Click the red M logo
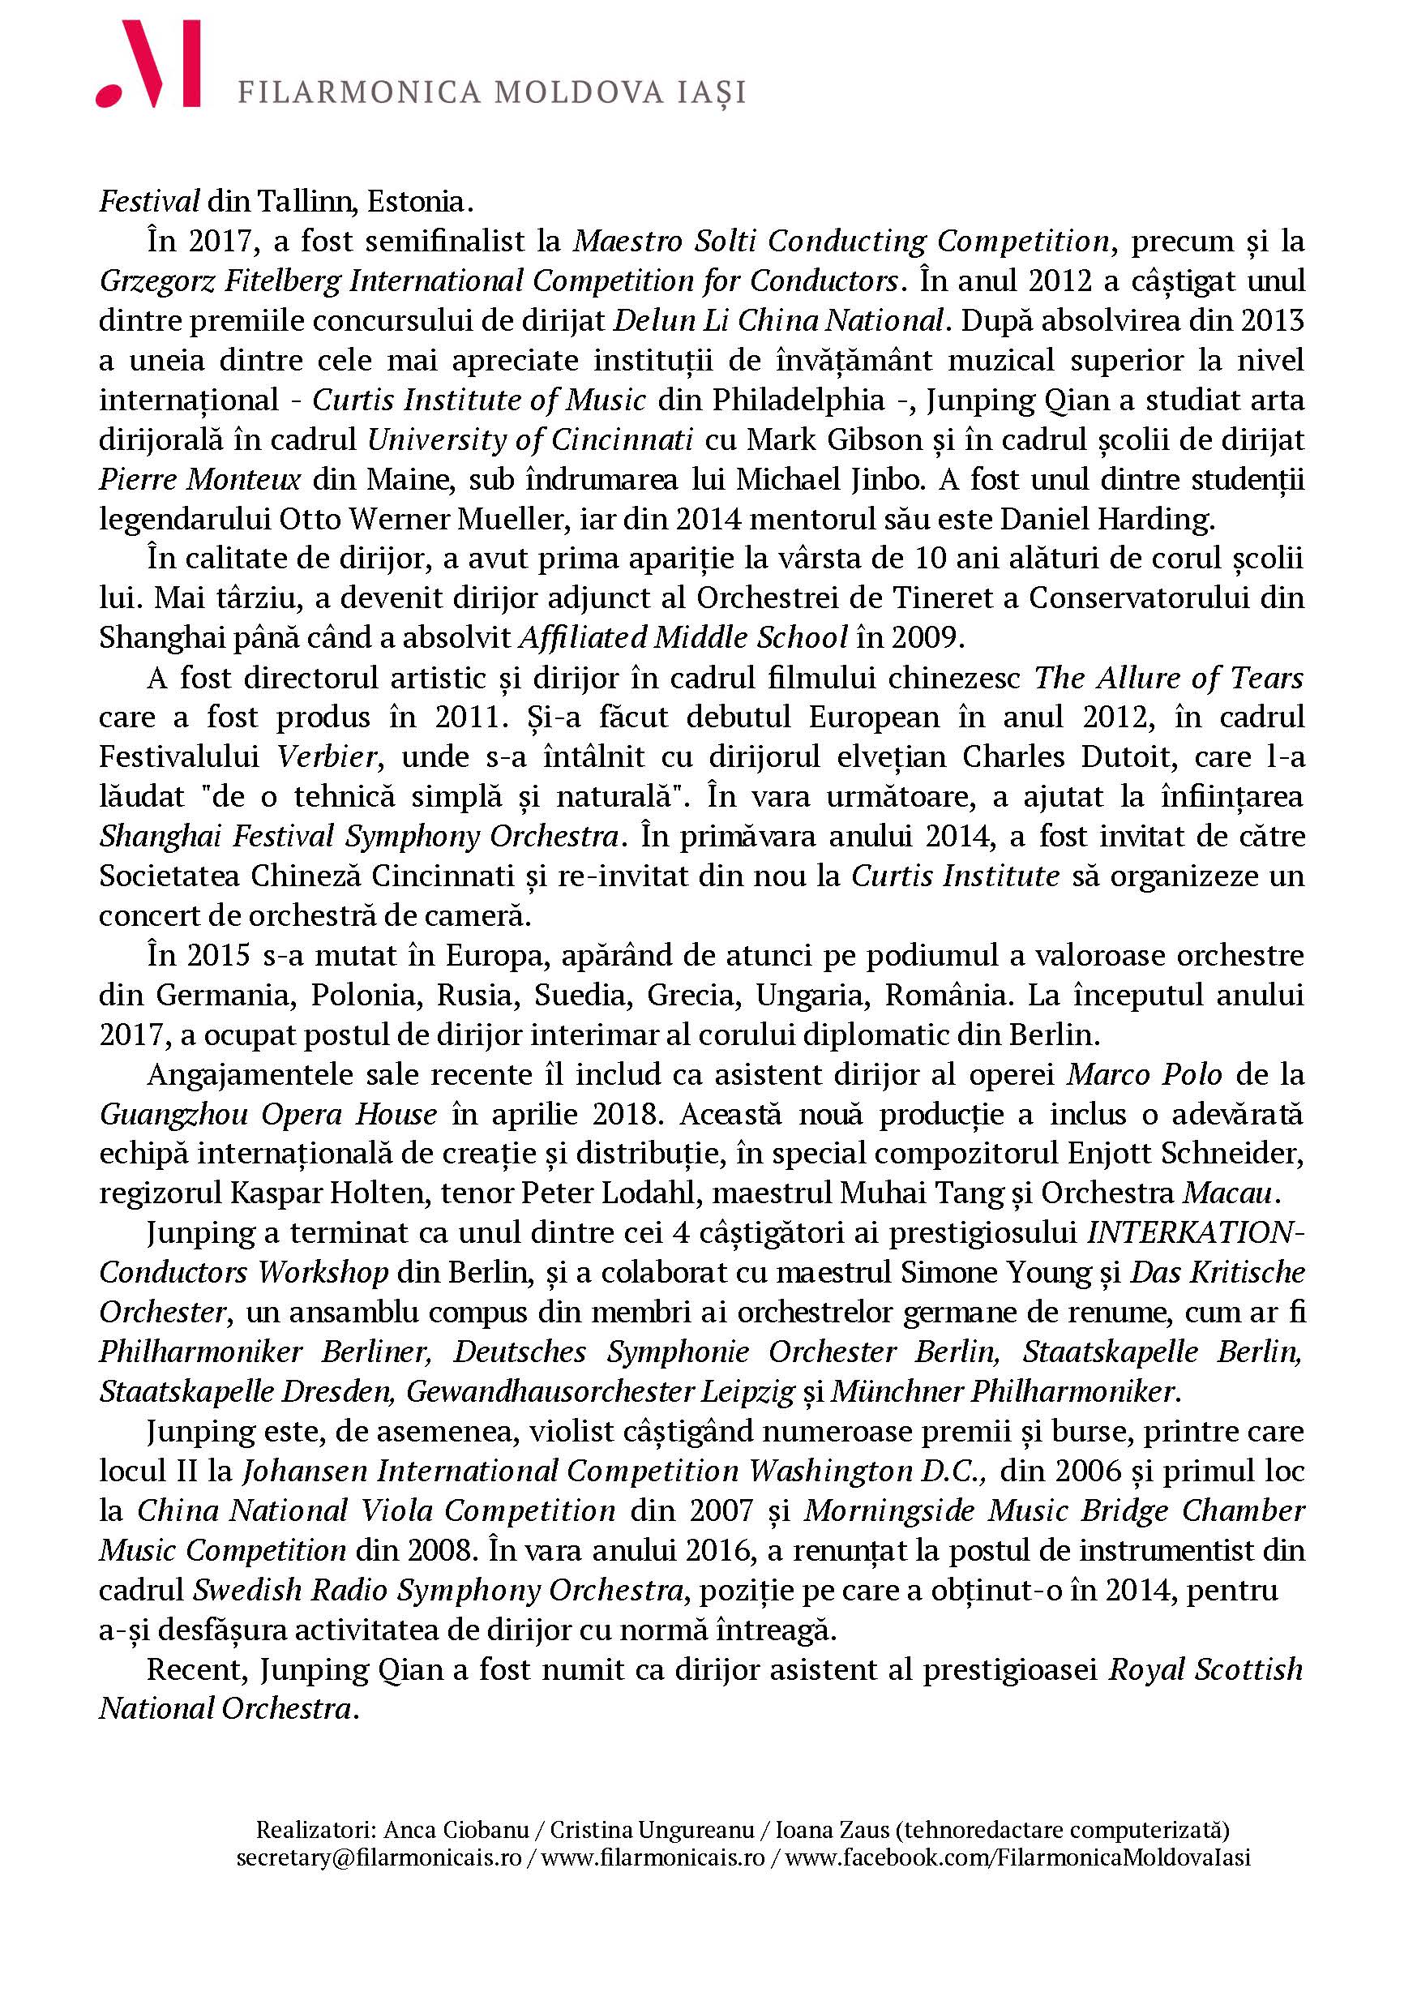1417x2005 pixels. (x=148, y=65)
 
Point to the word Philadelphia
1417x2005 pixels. (x=798, y=400)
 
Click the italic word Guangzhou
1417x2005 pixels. (x=171, y=1114)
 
